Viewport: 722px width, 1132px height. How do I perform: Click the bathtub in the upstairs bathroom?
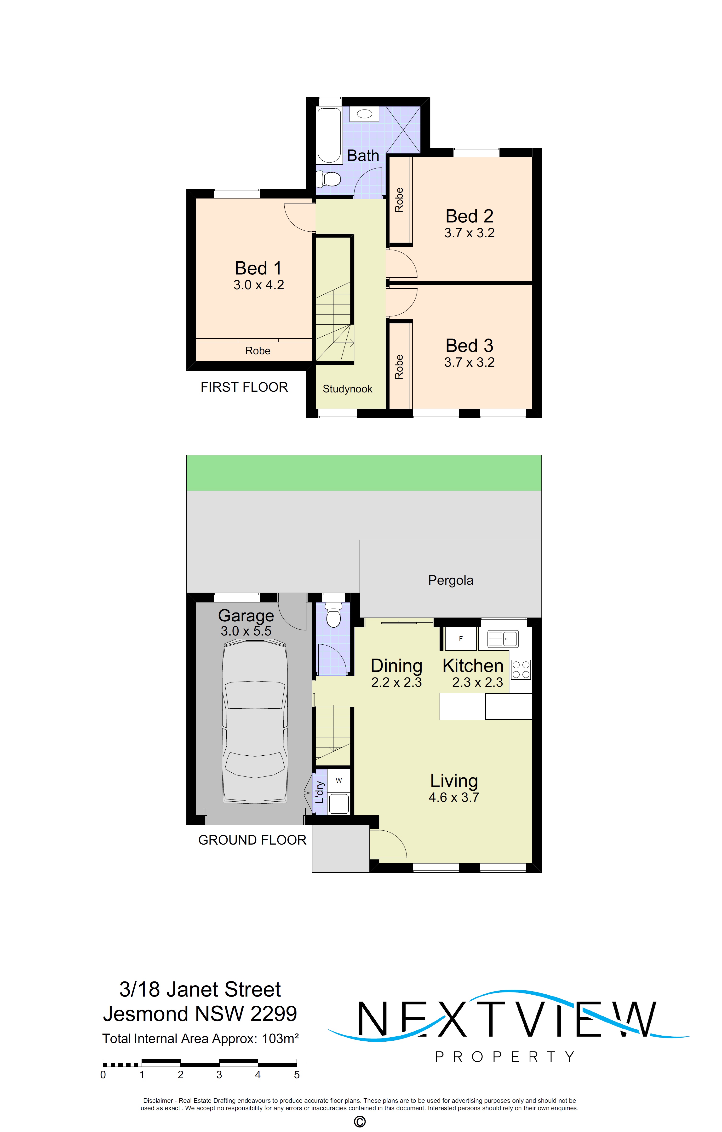click(329, 135)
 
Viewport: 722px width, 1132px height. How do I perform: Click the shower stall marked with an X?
click(403, 130)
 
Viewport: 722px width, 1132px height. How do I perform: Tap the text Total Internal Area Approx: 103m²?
click(201, 1039)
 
